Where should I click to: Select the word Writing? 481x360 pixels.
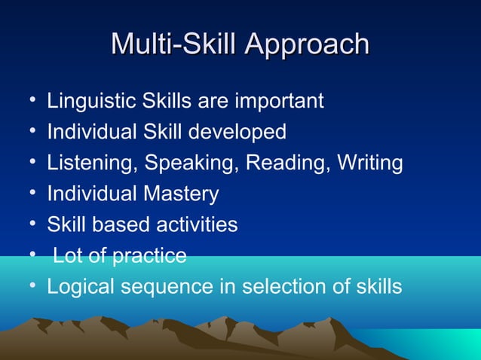(369, 163)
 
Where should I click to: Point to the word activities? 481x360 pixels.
(198, 225)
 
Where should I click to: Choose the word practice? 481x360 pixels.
(149, 256)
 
